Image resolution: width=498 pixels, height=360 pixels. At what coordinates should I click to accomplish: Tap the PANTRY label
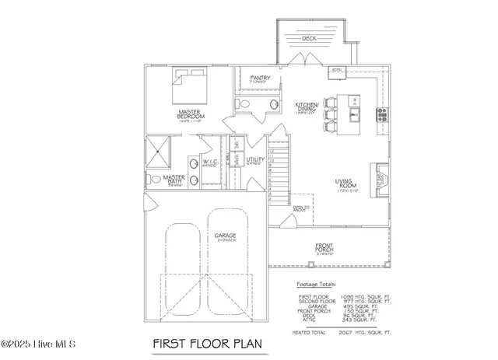[259, 77]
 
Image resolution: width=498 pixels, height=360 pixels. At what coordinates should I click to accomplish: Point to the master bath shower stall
[158, 150]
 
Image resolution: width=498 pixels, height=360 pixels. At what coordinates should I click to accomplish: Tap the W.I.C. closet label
[209, 163]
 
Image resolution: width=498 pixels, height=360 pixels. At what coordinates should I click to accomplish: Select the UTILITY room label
[255, 161]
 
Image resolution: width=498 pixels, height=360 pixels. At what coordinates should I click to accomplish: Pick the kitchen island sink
[355, 117]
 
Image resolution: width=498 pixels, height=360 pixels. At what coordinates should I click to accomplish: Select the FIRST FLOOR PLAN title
[207, 343]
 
